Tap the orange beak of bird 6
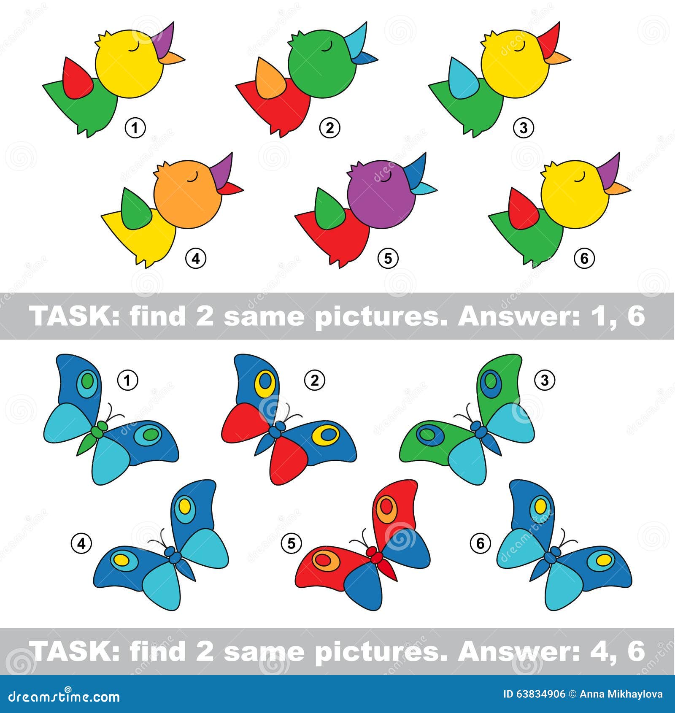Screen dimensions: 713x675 point(619,188)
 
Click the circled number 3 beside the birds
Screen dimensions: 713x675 point(524,127)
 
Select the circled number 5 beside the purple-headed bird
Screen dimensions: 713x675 point(388,258)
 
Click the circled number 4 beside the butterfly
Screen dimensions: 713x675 point(81,543)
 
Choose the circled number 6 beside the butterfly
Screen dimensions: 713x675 point(481,543)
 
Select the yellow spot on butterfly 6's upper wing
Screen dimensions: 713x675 point(540,505)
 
